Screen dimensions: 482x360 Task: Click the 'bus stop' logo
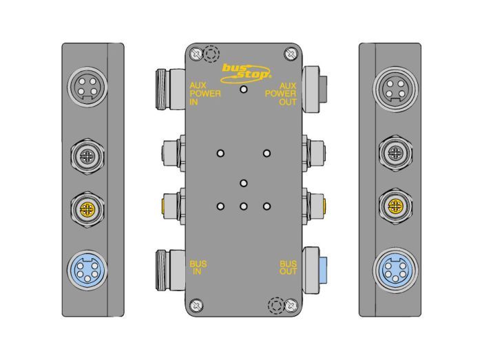pyautogui.click(x=246, y=74)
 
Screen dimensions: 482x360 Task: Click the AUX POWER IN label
pyautogui.click(x=205, y=94)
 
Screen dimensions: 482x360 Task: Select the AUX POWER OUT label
pyautogui.click(x=281, y=94)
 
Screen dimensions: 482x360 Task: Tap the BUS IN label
pyautogui.click(x=198, y=268)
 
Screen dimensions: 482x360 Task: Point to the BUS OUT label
pyautogui.click(x=288, y=268)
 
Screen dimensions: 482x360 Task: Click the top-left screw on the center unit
pyautogui.click(x=196, y=54)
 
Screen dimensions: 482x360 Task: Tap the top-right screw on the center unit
pyautogui.click(x=291, y=54)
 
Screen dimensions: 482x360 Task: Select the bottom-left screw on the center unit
pyautogui.click(x=196, y=306)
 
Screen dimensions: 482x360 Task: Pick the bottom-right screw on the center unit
pyautogui.click(x=291, y=306)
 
